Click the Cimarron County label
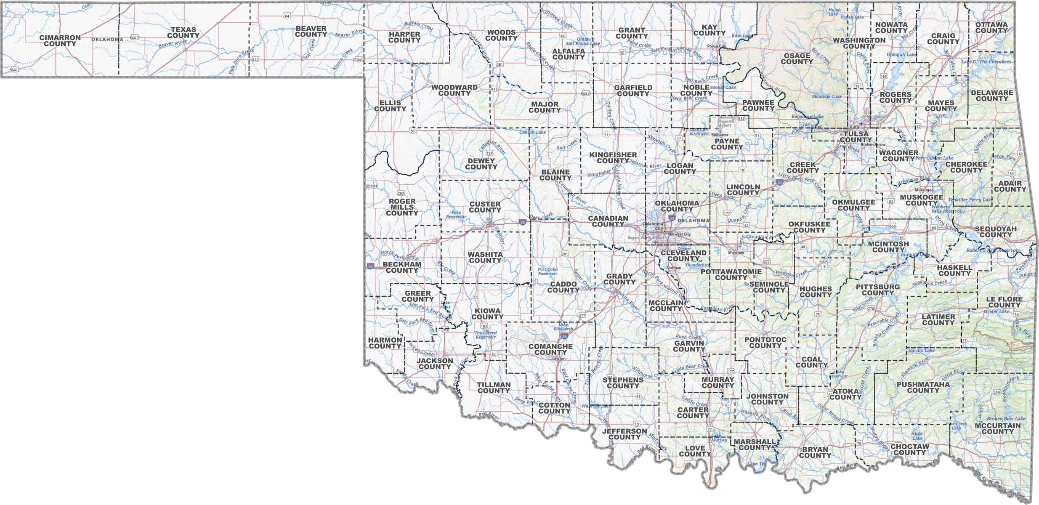pyautogui.click(x=60, y=40)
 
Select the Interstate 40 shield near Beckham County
pyautogui.click(x=370, y=266)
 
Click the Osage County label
pyautogui.click(x=797, y=58)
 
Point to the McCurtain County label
pyautogui.click(x=998, y=428)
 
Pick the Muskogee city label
pyautogui.click(x=925, y=190)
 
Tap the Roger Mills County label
pyautogui.click(x=402, y=207)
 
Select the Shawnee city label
pyautogui.click(x=736, y=253)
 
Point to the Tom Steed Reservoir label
pyautogui.click(x=486, y=335)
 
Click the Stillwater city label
pyautogui.click(x=720, y=135)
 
